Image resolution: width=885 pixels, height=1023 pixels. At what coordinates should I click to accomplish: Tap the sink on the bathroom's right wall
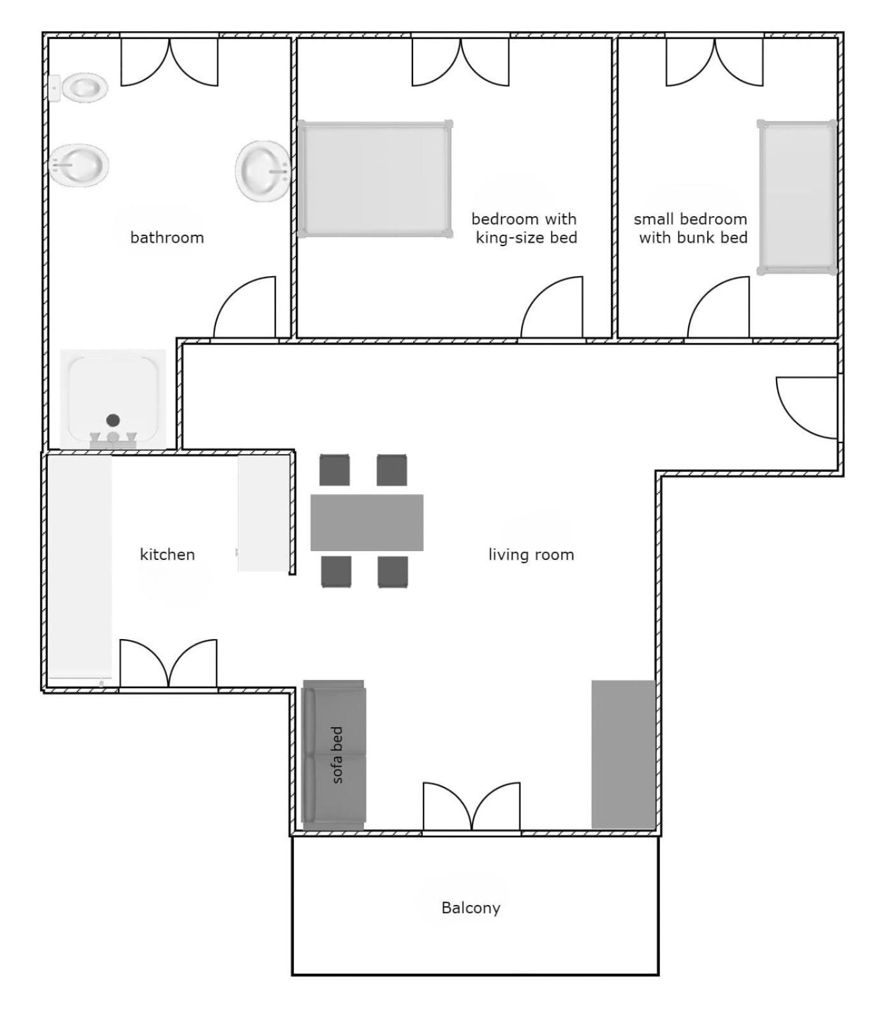tap(263, 171)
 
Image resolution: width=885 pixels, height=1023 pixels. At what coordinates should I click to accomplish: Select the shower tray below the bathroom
tap(113, 399)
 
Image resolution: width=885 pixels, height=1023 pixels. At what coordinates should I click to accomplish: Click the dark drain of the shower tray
tap(113, 420)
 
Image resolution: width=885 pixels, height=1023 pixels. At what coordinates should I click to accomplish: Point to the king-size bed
tap(375, 179)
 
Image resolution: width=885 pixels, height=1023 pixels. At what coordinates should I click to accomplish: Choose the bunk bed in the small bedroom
tap(797, 197)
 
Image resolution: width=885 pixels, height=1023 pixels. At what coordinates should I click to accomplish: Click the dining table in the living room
tap(367, 522)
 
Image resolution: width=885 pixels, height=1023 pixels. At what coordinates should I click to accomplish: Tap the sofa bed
tap(333, 755)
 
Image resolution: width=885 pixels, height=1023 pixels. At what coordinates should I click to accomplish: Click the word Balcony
tap(471, 908)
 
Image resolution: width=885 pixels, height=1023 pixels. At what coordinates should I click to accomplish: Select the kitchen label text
tap(167, 554)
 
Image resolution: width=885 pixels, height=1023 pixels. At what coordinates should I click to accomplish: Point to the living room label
tap(531, 555)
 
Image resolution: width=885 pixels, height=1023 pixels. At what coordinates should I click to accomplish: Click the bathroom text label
tap(167, 238)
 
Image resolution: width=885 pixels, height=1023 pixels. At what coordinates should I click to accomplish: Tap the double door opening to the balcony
tap(471, 807)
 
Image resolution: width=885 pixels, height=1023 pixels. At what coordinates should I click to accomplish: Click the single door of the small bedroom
tap(718, 307)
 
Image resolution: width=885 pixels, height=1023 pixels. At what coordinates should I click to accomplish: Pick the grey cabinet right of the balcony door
tap(623, 754)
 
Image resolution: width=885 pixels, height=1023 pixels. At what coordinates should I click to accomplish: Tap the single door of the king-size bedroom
tap(552, 307)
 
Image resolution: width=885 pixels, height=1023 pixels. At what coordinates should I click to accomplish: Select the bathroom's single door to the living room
tap(244, 307)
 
